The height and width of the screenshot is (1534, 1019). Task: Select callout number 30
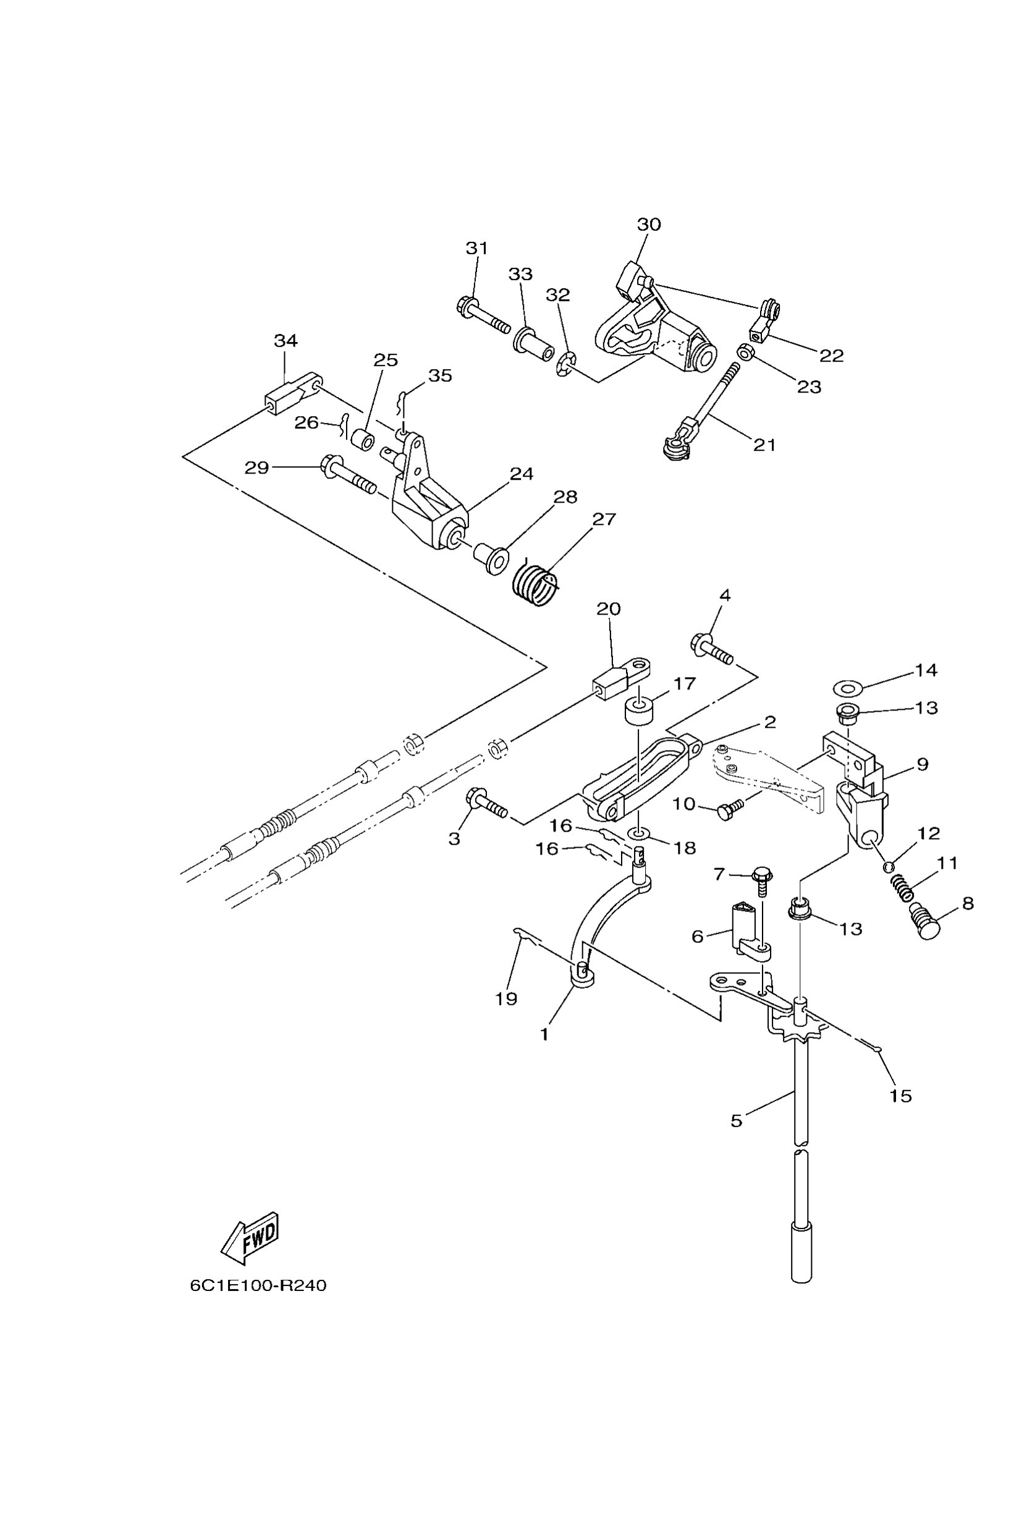tap(649, 224)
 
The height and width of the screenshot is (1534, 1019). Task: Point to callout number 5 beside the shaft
tap(737, 1120)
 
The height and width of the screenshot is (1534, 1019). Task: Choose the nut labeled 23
tap(745, 352)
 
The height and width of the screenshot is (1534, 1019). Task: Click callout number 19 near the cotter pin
tap(506, 999)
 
